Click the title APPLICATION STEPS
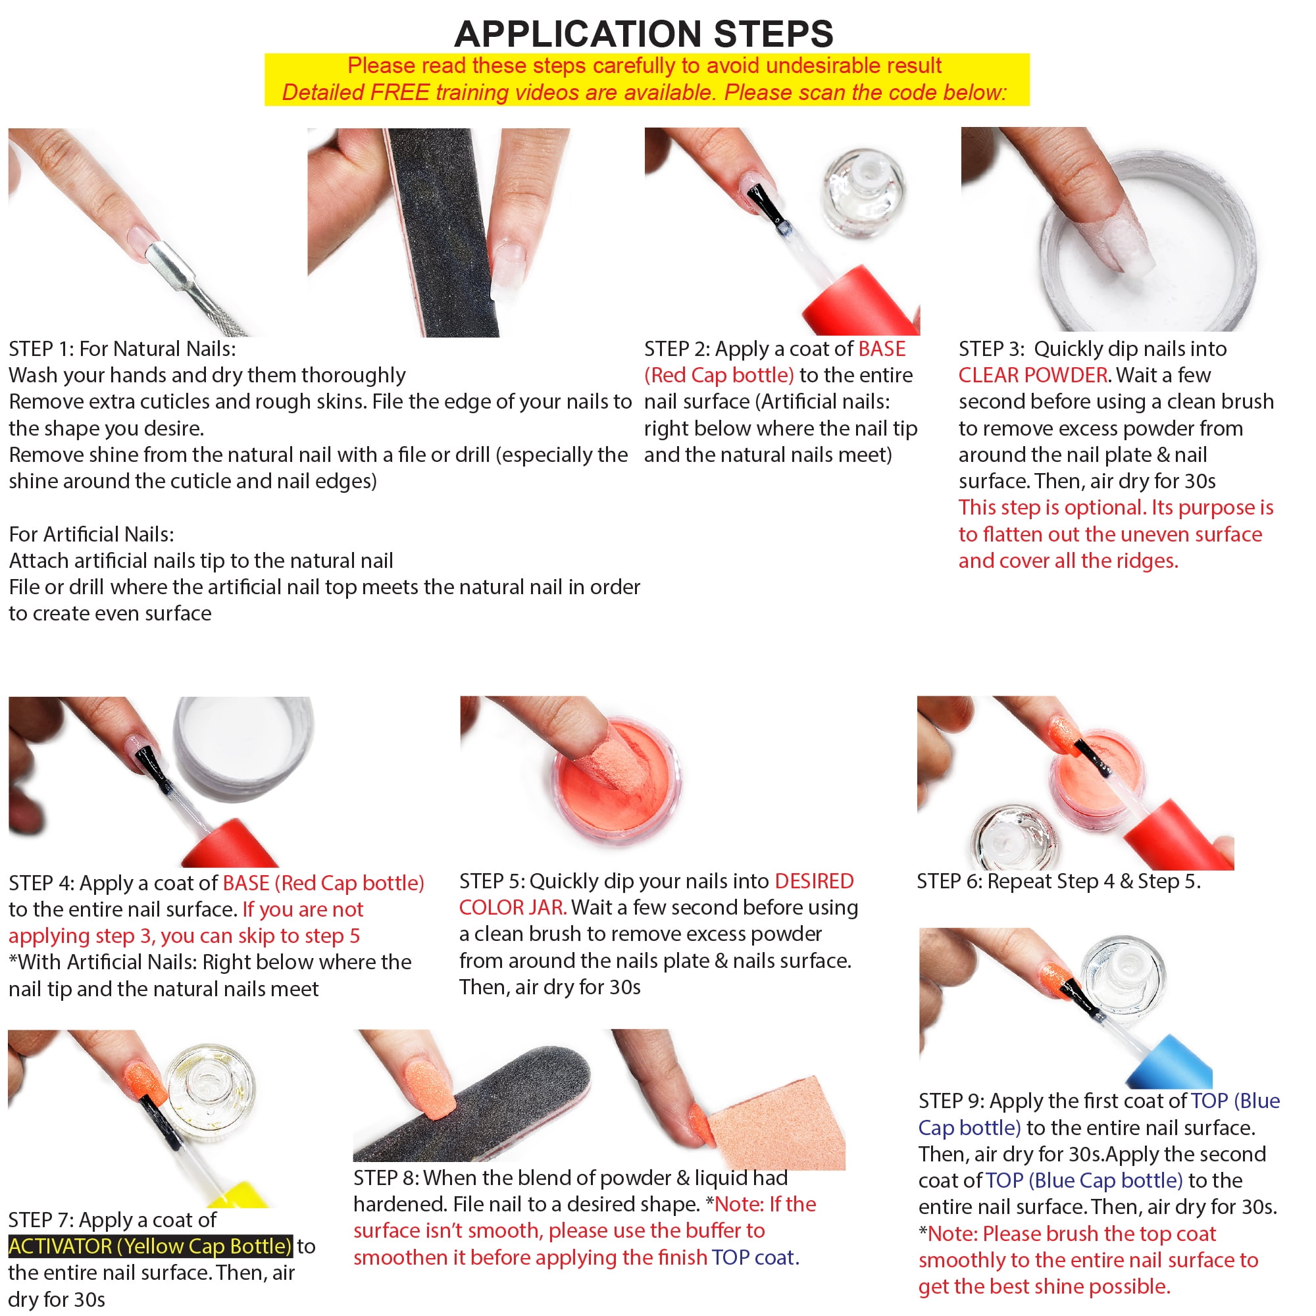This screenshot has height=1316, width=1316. (644, 34)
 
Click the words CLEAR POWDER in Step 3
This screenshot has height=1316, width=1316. (1032, 374)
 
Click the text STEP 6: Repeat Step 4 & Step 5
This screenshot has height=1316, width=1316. (1059, 882)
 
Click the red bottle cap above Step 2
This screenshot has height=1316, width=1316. (863, 303)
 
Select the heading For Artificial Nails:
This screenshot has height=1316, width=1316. (91, 534)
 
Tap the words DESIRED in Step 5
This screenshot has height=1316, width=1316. (814, 881)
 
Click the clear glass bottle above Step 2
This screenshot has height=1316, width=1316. (865, 194)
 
